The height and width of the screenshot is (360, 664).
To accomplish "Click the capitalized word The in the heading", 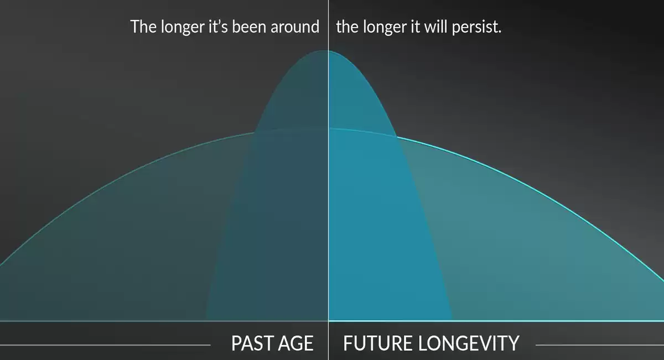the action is [143, 27].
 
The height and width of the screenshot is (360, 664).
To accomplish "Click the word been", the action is [249, 27].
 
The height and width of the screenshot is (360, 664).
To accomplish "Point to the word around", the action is [295, 27].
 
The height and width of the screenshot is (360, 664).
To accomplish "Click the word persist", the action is [474, 28].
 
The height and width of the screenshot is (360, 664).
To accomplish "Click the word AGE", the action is [296, 343].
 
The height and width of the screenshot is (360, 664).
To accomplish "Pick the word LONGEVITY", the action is [469, 343].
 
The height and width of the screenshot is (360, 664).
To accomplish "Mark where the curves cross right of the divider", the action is [397, 137].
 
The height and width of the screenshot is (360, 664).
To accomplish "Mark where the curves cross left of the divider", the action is [255, 132].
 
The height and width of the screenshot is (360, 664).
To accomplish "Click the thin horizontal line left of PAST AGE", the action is [105, 345].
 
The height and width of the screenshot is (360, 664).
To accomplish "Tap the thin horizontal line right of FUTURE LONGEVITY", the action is [600, 345].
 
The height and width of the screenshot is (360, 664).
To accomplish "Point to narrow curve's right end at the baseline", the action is [453, 320].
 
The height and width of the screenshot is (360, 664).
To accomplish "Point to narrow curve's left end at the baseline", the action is [205, 320].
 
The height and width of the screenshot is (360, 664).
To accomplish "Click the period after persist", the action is [500, 32].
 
